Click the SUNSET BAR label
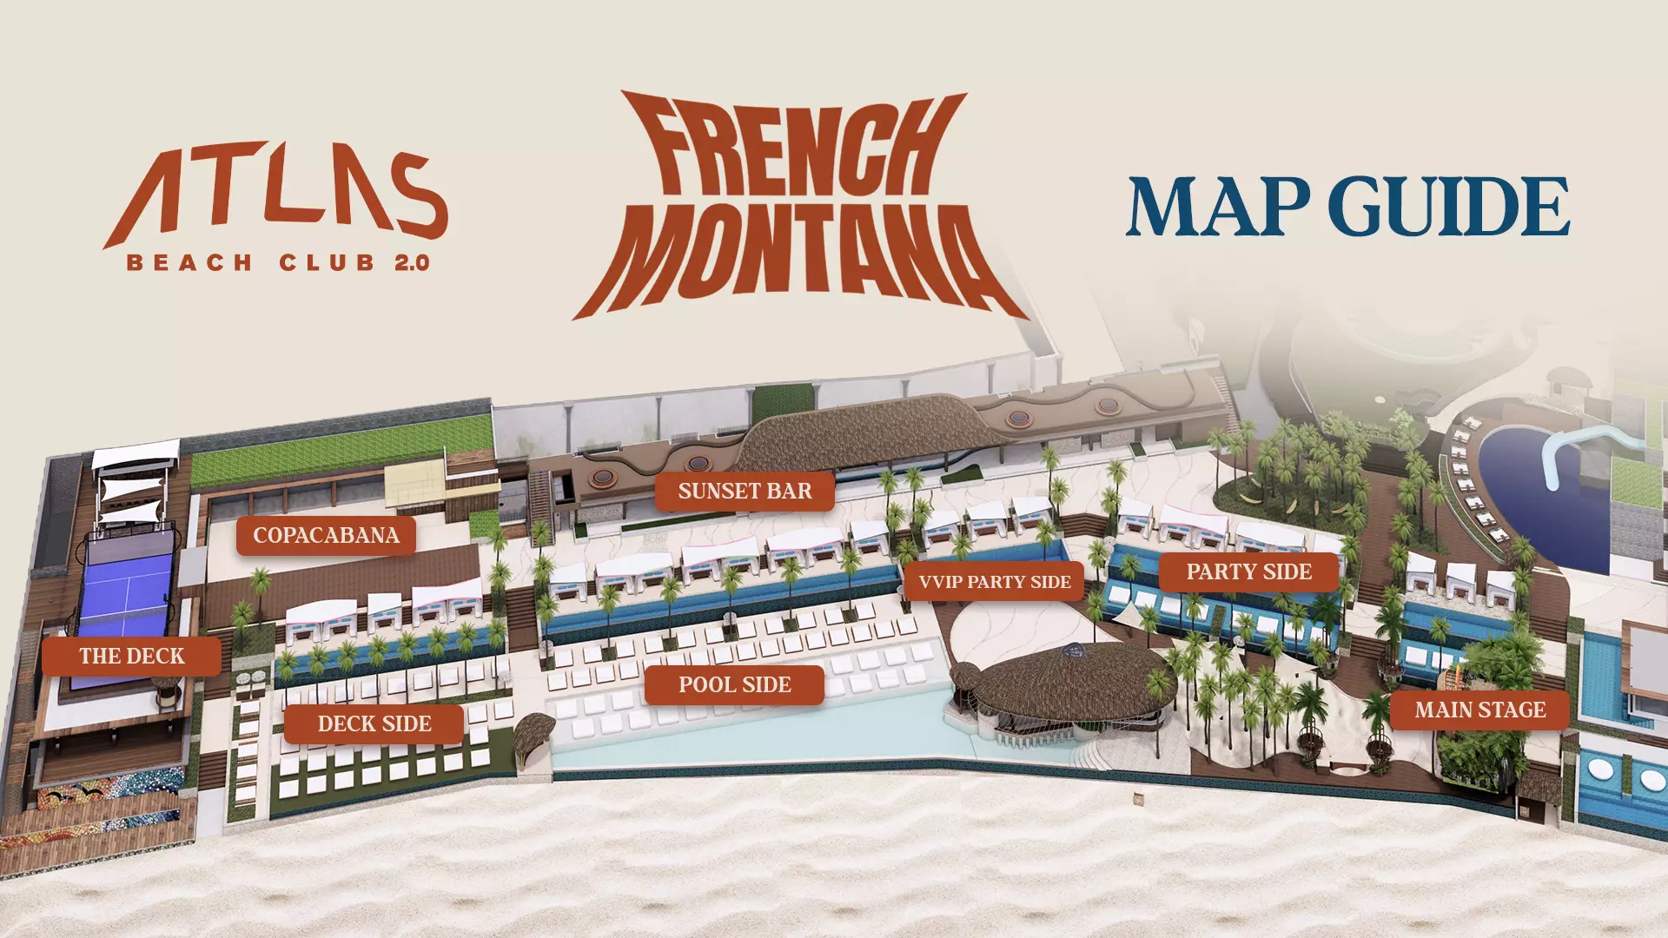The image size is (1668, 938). point(745,492)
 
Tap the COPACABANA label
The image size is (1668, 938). point(326,536)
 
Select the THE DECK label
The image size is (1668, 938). point(132,657)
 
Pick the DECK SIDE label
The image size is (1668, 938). point(374,724)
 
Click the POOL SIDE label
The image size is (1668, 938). point(734,685)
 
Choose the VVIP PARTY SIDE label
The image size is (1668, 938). point(994,582)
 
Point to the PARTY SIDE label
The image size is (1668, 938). point(1248,572)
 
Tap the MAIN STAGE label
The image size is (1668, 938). point(1479,710)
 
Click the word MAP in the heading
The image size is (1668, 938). point(1218,207)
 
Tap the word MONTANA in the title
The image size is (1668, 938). point(799,256)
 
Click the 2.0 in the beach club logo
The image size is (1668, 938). point(412,262)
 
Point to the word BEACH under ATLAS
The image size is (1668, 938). point(189,262)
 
